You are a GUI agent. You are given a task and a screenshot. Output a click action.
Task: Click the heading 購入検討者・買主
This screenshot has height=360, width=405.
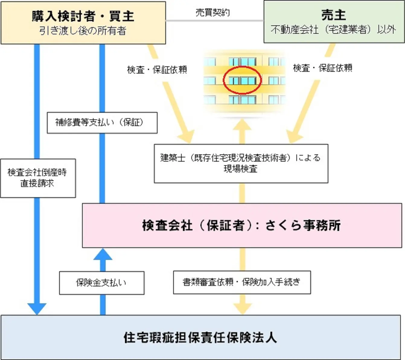(x=83, y=16)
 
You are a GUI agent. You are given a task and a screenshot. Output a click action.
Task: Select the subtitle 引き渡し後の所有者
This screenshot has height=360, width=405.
(x=83, y=31)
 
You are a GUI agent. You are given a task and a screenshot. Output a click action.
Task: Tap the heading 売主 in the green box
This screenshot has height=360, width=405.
(x=334, y=15)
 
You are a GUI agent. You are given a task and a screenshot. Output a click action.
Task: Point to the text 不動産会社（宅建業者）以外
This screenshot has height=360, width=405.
(x=333, y=30)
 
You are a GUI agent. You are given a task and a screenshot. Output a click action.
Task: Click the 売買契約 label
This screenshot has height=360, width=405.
(x=213, y=13)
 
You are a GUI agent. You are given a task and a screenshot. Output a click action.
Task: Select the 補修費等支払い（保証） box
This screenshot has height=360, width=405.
(x=102, y=123)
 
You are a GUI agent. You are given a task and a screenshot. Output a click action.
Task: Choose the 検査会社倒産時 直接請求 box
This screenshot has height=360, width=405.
(x=38, y=178)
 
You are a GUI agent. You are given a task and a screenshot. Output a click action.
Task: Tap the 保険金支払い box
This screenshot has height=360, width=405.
(x=102, y=283)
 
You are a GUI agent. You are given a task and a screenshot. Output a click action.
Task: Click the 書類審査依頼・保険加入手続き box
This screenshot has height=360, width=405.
(x=242, y=282)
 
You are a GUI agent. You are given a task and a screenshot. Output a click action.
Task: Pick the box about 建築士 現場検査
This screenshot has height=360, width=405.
(x=241, y=163)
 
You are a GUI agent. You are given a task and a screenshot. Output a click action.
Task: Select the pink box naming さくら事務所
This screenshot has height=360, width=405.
(x=242, y=226)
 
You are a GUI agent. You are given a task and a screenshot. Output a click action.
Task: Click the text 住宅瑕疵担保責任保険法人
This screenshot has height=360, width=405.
(x=200, y=338)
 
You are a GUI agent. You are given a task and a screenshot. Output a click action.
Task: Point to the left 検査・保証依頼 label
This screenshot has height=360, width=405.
(x=157, y=70)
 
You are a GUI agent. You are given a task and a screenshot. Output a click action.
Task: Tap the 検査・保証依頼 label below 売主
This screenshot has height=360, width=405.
(x=323, y=68)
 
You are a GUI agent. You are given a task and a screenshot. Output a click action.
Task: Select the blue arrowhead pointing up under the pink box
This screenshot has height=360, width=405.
(x=103, y=254)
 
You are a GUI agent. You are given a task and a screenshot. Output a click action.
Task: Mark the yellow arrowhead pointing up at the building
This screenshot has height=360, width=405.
(x=242, y=125)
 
